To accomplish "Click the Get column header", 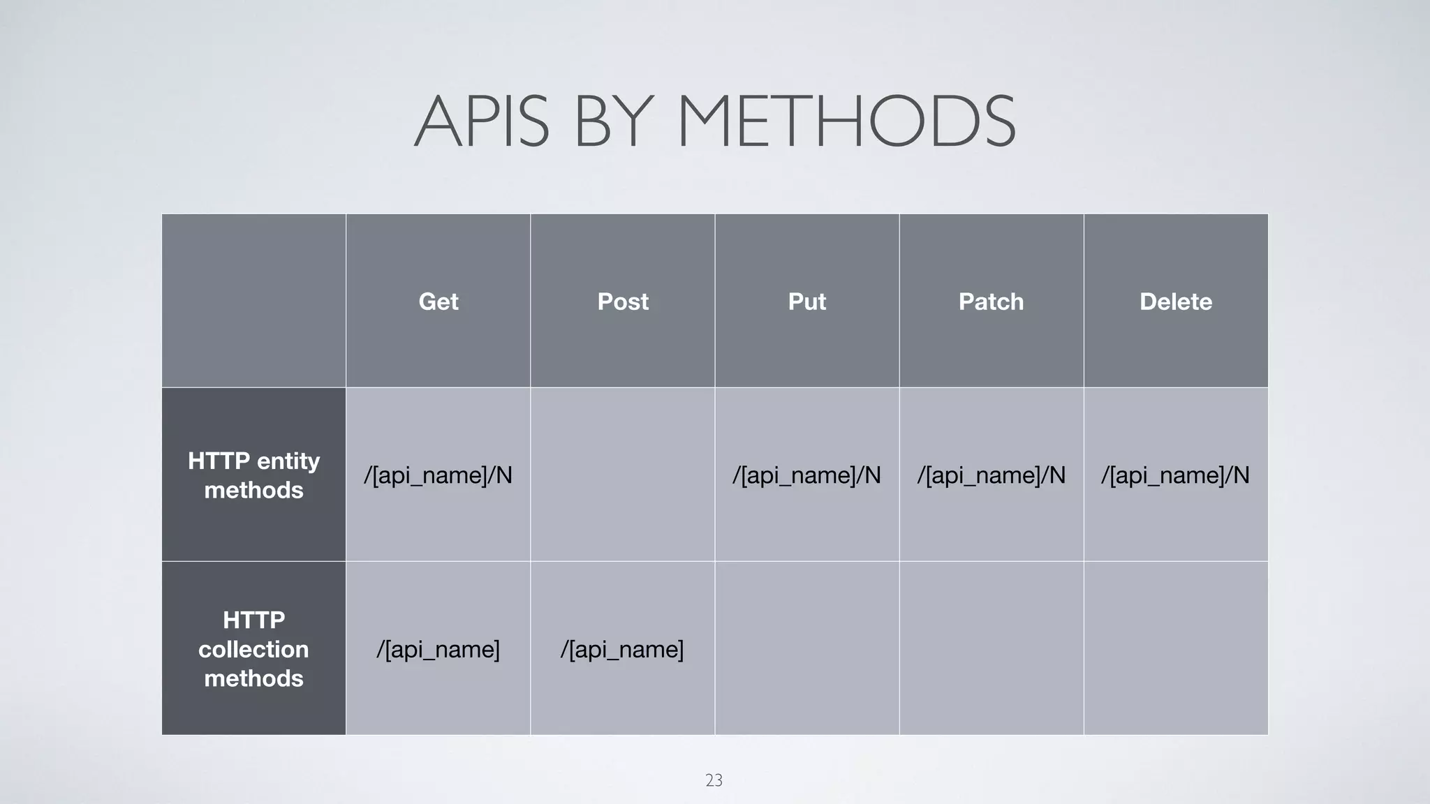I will [x=438, y=301].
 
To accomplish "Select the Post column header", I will [x=623, y=301].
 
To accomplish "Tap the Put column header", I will [x=807, y=301].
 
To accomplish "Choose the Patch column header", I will [x=992, y=301].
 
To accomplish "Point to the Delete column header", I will [x=1176, y=301].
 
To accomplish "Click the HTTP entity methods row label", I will [x=253, y=475].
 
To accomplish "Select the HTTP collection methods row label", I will [x=253, y=648].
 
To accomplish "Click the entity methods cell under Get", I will [x=438, y=475].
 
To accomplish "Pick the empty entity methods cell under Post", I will [x=623, y=475].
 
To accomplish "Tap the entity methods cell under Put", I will [x=807, y=475].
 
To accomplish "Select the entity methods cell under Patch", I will [x=992, y=475].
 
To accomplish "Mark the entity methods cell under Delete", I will [x=1176, y=475].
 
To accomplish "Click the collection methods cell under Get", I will [x=438, y=649].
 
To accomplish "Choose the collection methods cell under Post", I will [x=623, y=649].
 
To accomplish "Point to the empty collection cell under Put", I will [x=807, y=648].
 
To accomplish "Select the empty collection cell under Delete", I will [x=1176, y=648].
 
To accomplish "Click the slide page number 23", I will [x=714, y=780].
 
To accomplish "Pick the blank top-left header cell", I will [x=253, y=301].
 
